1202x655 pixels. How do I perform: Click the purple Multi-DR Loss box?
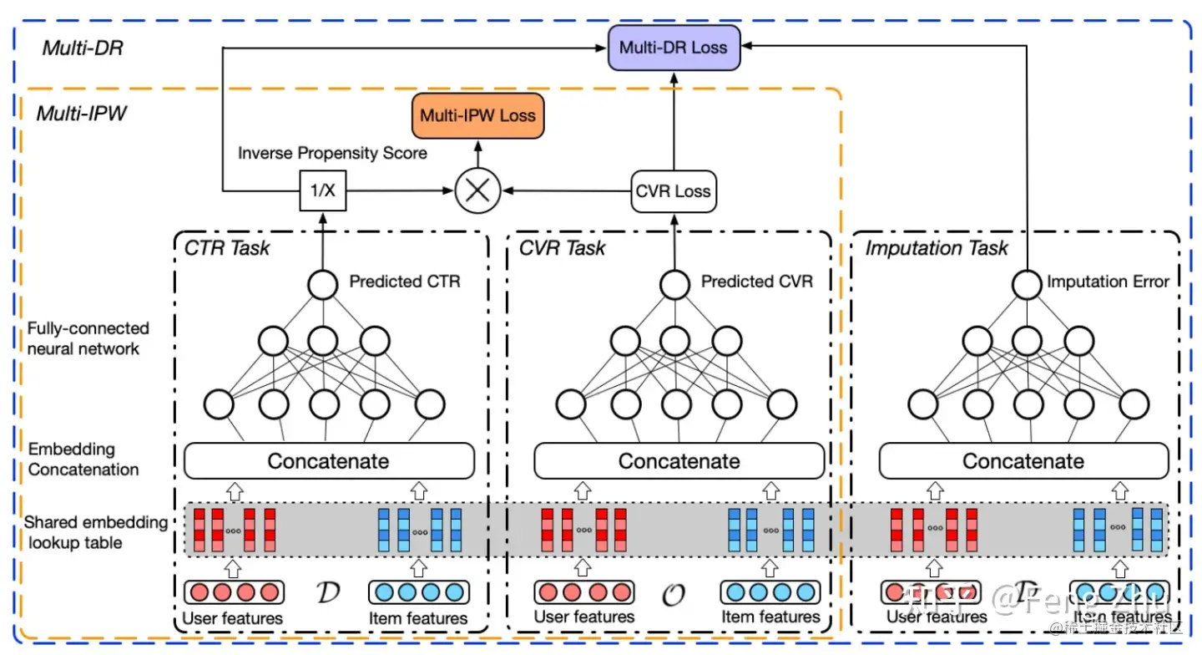pyautogui.click(x=673, y=47)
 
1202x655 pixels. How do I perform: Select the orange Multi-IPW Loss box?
pyautogui.click(x=477, y=115)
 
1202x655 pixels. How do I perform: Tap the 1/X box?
pyautogui.click(x=322, y=190)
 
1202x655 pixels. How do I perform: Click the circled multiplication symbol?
pyautogui.click(x=477, y=190)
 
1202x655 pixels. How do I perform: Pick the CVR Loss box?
pyautogui.click(x=673, y=190)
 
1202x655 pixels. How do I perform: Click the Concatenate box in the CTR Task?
pyautogui.click(x=328, y=461)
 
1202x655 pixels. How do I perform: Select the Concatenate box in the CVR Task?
pyautogui.click(x=679, y=461)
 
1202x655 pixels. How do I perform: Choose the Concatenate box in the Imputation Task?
pyautogui.click(x=1023, y=461)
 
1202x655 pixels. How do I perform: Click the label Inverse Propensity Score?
pyautogui.click(x=332, y=154)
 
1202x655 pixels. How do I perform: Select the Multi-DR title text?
pyautogui.click(x=83, y=48)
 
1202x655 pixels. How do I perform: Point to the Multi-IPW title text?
pyautogui.click(x=82, y=113)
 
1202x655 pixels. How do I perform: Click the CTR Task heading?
pyautogui.click(x=227, y=247)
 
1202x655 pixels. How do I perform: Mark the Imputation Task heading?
pyautogui.click(x=937, y=247)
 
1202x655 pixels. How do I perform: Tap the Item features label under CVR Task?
pyautogui.click(x=770, y=617)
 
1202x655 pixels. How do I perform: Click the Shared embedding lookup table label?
pyautogui.click(x=95, y=532)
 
